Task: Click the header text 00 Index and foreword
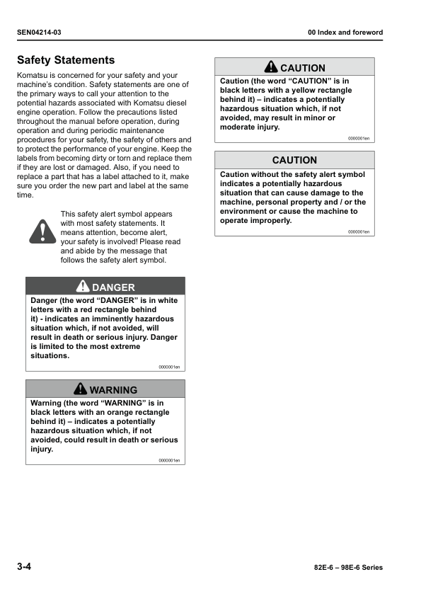coord(345,33)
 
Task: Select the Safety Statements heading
coord(66,60)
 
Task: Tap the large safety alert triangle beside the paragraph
coord(42,231)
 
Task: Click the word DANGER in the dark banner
coord(113,287)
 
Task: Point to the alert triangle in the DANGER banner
coord(83,287)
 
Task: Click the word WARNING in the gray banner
coord(113,390)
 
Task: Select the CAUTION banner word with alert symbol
coord(303,68)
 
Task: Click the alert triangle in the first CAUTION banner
coord(271,67)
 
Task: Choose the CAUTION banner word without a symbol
coord(294,160)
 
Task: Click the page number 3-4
coord(24,567)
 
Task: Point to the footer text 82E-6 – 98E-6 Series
coord(347,568)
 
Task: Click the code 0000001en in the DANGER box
coord(169,367)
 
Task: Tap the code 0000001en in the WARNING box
coord(169,461)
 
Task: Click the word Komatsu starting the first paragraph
coord(32,75)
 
